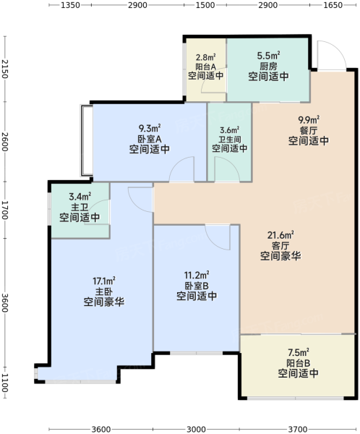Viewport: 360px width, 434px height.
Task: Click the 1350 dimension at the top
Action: pyautogui.click(x=70, y=5)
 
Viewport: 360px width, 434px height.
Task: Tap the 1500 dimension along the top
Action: pyautogui.click(x=205, y=5)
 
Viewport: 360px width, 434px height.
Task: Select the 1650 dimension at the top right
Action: pyautogui.click(x=333, y=5)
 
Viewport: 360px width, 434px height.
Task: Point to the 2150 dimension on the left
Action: pyautogui.click(x=5, y=69)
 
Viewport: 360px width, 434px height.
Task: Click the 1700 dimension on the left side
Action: pyautogui.click(x=5, y=210)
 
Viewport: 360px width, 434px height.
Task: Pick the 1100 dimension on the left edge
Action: pyautogui.click(x=5, y=383)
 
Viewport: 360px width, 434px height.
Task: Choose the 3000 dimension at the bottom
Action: pyautogui.click(x=196, y=429)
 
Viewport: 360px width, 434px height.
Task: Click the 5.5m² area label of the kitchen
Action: pyautogui.click(x=268, y=56)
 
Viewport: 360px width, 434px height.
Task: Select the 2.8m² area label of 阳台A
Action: pyautogui.click(x=205, y=57)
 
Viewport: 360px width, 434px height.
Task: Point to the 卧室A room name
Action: pyautogui.click(x=150, y=138)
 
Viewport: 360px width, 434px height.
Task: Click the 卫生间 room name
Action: pyautogui.click(x=230, y=139)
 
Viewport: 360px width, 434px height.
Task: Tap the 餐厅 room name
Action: pyautogui.click(x=309, y=130)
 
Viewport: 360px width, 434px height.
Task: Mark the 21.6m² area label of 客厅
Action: pyautogui.click(x=280, y=235)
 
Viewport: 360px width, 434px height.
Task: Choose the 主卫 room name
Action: pyautogui.click(x=80, y=207)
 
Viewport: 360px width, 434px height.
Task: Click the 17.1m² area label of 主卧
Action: pyautogui.click(x=104, y=281)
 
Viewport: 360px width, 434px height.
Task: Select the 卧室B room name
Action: pyautogui.click(x=197, y=286)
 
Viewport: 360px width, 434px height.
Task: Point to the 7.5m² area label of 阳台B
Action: pyautogui.click(x=299, y=352)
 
